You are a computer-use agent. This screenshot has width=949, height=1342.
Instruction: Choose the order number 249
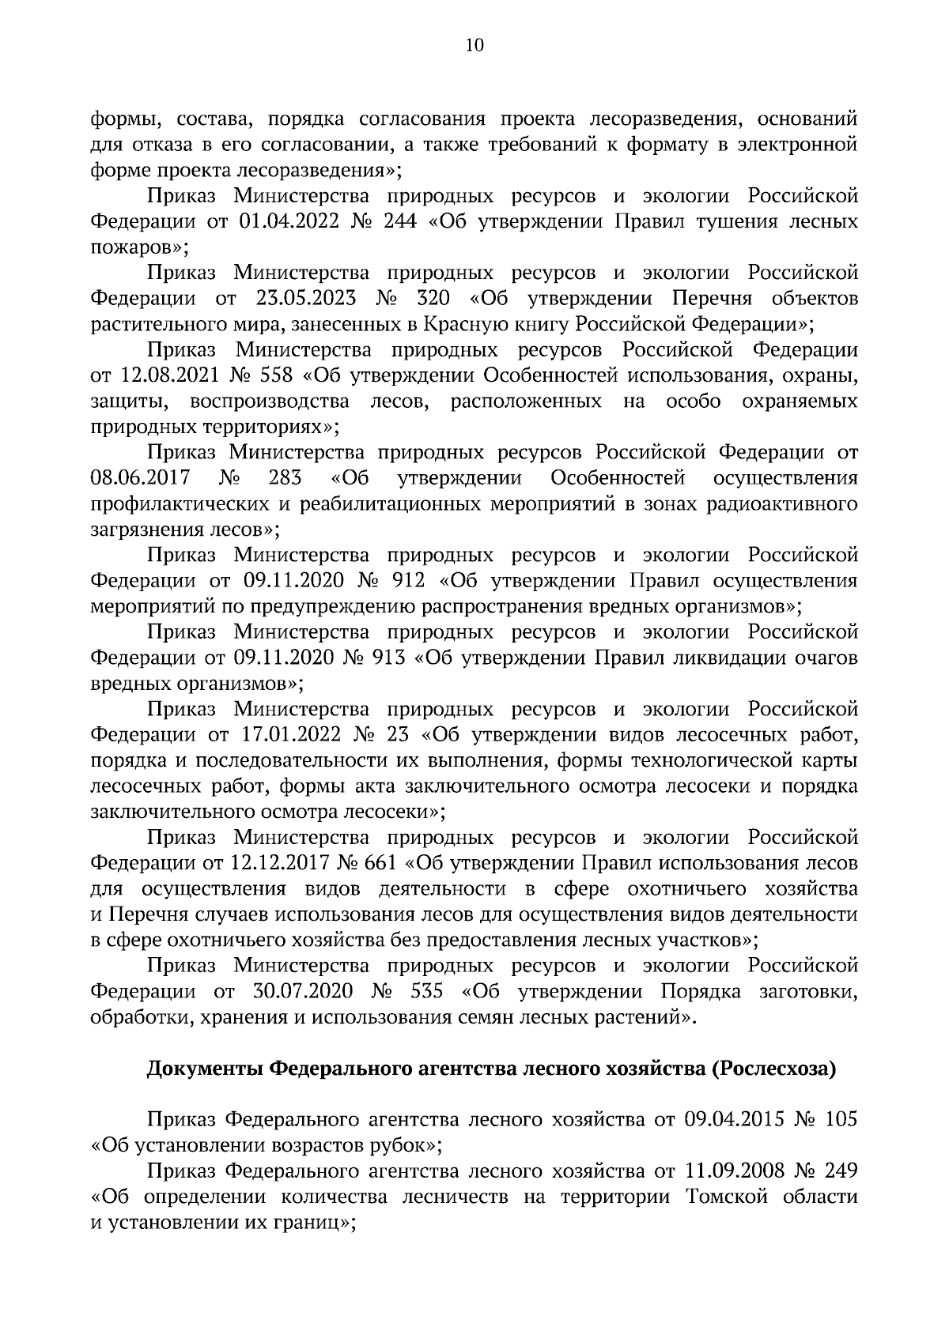point(840,1171)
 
